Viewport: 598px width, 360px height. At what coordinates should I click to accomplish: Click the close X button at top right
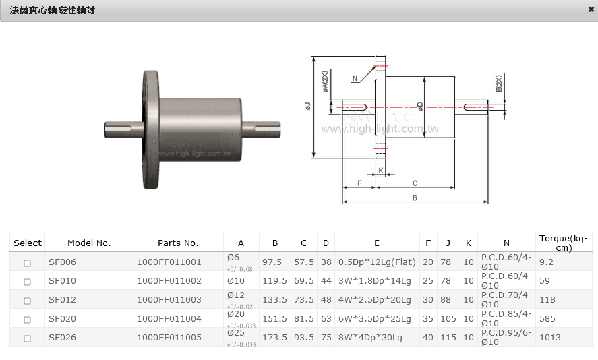[591, 9]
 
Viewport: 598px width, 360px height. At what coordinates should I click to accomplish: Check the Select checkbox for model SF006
[28, 263]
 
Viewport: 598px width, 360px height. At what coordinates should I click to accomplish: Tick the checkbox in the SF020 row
[28, 319]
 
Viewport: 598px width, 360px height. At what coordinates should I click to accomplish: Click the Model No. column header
[89, 243]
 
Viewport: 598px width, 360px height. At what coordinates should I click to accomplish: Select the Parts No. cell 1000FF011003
[169, 300]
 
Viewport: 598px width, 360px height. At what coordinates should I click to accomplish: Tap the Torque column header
[563, 243]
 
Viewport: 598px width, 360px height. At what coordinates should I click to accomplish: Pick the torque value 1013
[550, 337]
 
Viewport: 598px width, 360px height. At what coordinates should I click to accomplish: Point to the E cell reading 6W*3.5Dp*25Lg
[369, 319]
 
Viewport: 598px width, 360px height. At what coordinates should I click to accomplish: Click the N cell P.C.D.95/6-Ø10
[506, 337]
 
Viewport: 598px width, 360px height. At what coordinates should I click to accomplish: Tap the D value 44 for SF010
[326, 281]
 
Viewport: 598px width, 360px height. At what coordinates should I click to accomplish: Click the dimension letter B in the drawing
[415, 198]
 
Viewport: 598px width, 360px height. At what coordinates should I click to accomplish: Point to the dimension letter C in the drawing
[415, 183]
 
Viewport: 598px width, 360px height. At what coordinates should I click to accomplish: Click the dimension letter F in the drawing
[359, 183]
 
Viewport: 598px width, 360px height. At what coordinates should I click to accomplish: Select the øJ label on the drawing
[308, 107]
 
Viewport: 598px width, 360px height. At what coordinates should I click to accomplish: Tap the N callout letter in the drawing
[355, 78]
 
